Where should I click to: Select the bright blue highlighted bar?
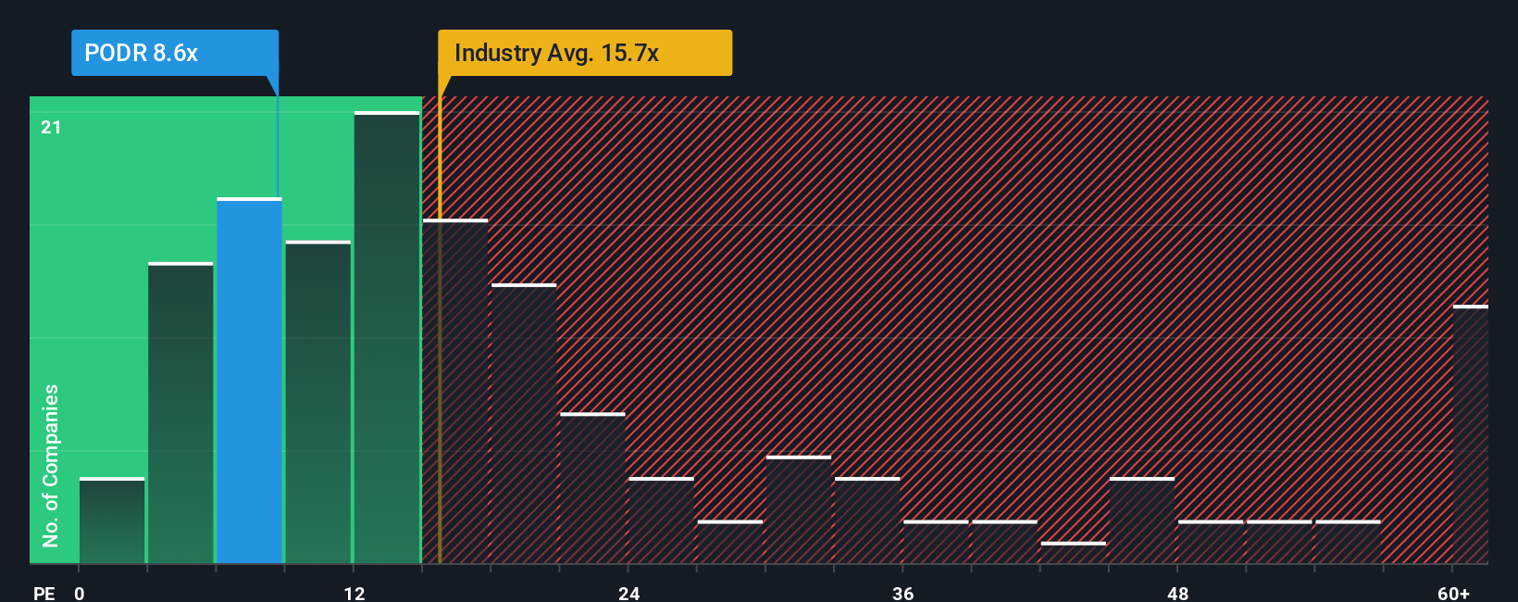pos(249,380)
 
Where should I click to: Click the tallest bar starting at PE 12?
pos(387,338)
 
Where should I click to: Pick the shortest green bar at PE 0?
pos(112,520)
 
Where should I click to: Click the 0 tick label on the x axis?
pos(80,593)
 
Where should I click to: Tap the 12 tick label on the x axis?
pos(355,593)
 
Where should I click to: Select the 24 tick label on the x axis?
pos(629,593)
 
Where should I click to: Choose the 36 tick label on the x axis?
pos(903,593)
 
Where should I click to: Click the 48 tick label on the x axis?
pos(1177,593)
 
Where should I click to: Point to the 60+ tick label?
pos(1453,593)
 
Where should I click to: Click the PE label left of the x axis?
pos(44,593)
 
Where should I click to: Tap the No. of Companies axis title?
pos(51,465)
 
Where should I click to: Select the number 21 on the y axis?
pos(51,127)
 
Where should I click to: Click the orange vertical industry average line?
pos(440,324)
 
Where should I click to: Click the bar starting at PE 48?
pos(1211,542)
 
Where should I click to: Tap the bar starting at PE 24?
pos(662,520)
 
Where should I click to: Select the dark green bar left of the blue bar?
pos(180,413)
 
